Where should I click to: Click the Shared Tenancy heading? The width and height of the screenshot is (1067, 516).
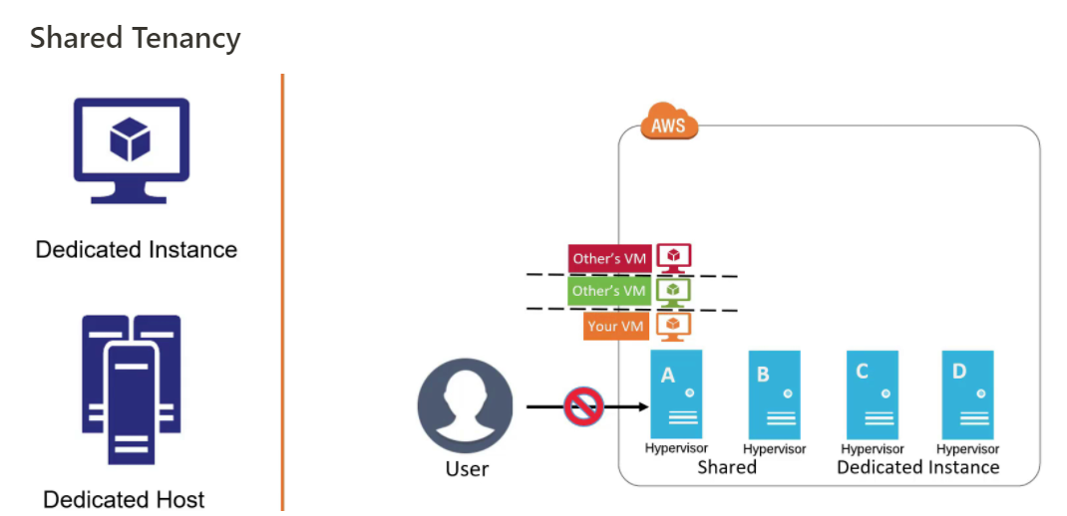(135, 38)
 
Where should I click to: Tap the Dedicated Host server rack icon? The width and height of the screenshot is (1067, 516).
(131, 389)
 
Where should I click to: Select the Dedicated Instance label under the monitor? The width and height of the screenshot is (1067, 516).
(137, 250)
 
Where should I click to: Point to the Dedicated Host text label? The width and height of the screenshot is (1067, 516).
(125, 499)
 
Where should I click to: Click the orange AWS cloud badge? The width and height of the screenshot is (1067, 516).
(668, 125)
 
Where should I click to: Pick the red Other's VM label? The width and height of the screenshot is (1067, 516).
(609, 259)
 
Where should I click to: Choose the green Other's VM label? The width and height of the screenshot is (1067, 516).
(609, 291)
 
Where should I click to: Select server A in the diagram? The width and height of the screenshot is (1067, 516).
(675, 394)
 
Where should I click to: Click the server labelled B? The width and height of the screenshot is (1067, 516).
(774, 394)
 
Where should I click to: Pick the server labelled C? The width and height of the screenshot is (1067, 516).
(872, 394)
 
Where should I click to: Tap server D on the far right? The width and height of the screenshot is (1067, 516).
(967, 394)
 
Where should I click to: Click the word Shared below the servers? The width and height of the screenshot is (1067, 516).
(727, 467)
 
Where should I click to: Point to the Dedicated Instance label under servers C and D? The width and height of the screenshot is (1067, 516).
(917, 467)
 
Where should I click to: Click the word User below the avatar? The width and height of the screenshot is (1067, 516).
(467, 469)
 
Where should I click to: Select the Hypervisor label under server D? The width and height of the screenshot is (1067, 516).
(967, 449)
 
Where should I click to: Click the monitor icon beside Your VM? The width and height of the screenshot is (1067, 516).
(674, 325)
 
